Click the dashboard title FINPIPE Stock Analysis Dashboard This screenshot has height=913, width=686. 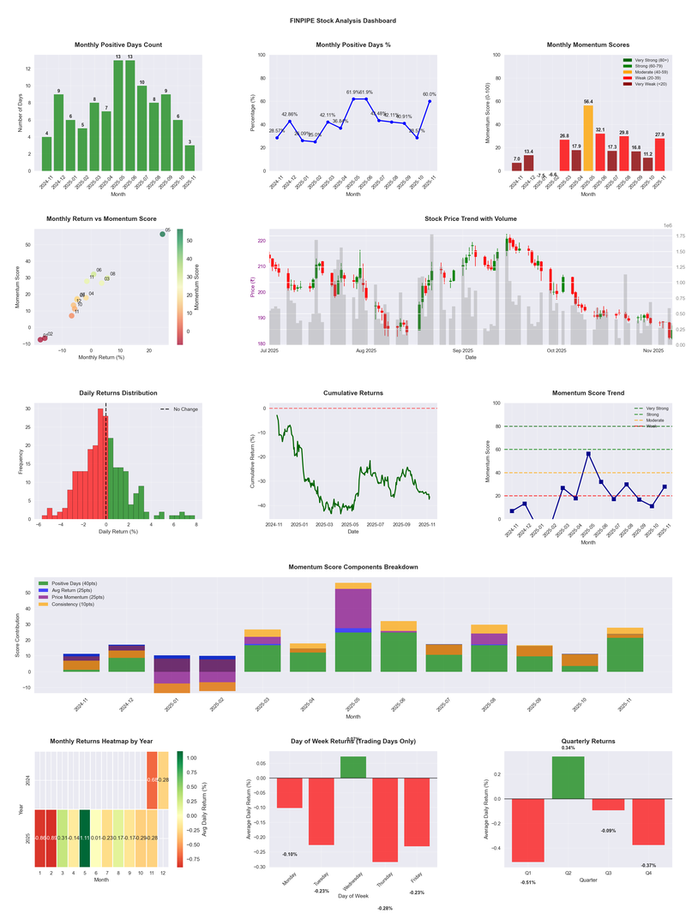(343, 20)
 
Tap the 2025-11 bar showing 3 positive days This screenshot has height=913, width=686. (190, 158)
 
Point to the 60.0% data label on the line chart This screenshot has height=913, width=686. (430, 94)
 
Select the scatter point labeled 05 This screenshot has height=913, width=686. (162, 234)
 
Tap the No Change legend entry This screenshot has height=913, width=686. (181, 409)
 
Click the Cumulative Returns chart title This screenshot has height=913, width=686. (352, 393)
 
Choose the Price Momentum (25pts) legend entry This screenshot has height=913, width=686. (78, 597)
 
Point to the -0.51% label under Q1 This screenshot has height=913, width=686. (527, 881)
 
